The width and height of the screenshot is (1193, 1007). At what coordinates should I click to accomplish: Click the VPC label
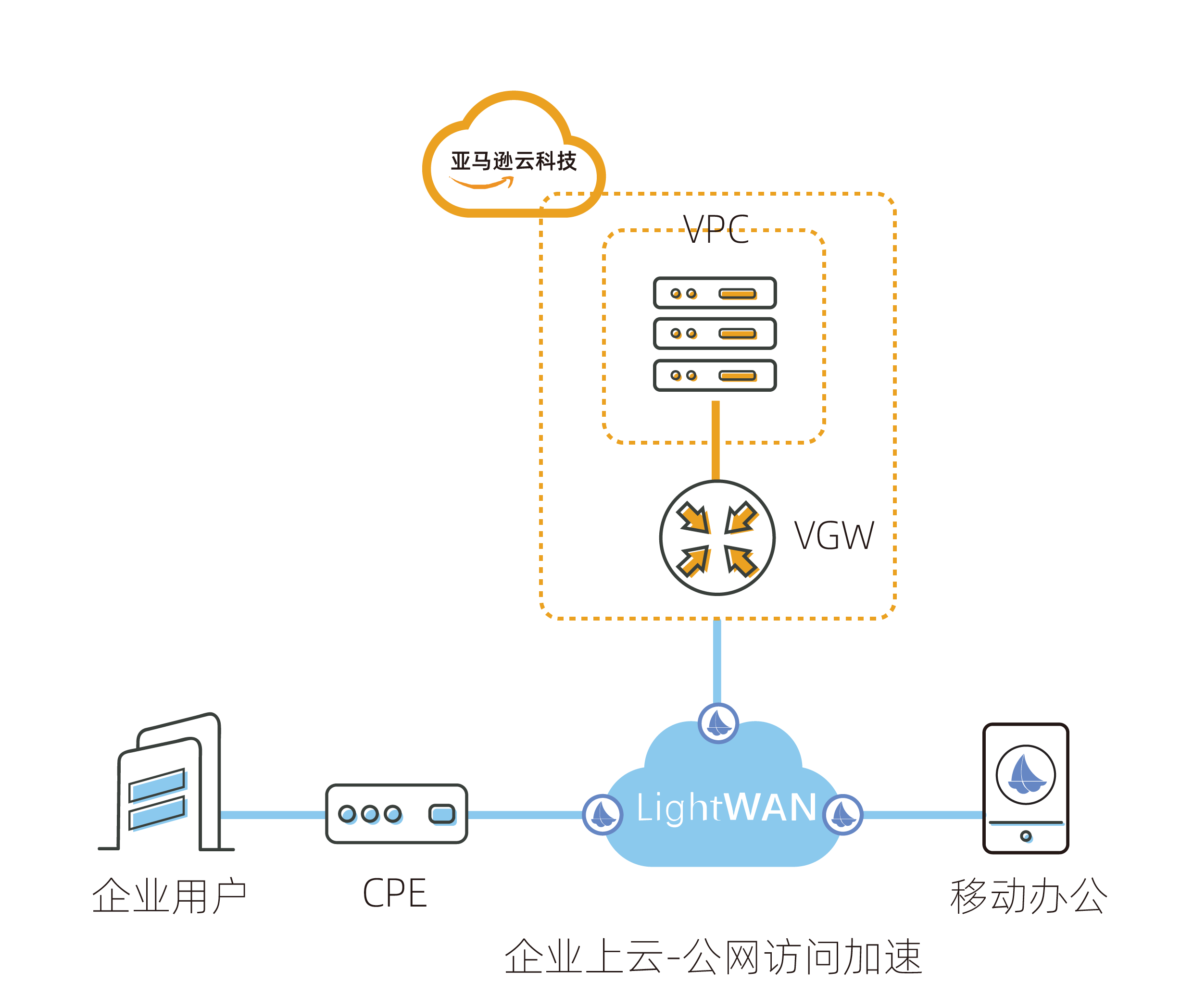point(716,229)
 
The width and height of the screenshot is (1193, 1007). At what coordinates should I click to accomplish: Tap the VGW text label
point(834,536)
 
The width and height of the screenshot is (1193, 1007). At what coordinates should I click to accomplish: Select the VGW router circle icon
point(717,538)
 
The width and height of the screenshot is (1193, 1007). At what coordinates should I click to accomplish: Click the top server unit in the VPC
point(715,293)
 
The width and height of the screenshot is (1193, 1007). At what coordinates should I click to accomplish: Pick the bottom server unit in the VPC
point(715,375)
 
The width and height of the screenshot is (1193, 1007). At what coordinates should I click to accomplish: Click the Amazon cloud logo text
point(514,161)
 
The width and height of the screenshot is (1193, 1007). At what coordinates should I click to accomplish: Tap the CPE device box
point(396,813)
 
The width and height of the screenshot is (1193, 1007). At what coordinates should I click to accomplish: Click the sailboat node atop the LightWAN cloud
point(718,723)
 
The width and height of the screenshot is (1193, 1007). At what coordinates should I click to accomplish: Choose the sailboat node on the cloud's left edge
point(603,815)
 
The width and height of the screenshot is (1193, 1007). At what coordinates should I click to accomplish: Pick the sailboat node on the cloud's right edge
point(843,815)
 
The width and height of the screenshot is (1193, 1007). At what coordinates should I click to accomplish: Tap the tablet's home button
point(1026,836)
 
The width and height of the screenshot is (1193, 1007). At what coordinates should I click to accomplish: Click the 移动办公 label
point(1029,896)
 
